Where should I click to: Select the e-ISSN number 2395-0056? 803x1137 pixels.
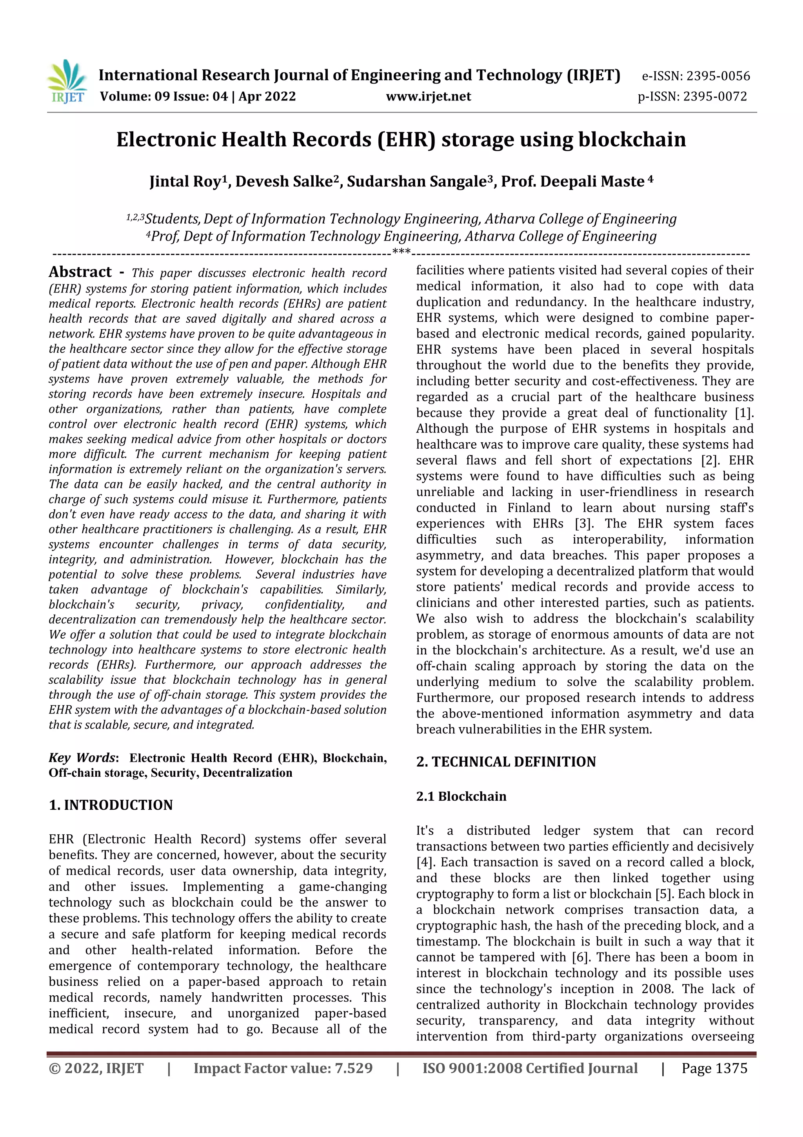point(718,76)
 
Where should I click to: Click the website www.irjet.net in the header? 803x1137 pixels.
point(429,97)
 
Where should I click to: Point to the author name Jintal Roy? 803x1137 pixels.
point(185,182)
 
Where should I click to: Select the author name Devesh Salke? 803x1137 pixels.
point(283,182)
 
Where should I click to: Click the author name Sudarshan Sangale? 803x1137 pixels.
point(416,182)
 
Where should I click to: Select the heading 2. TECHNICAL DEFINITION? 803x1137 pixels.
point(506,762)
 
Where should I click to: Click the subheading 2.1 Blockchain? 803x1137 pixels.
point(461,796)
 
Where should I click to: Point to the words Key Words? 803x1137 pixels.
point(82,757)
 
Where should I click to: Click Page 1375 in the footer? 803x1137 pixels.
point(714,1068)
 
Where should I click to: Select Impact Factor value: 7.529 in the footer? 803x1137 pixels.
point(283,1068)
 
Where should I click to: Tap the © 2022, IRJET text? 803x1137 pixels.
point(96,1068)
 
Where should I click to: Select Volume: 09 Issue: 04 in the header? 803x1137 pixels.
point(164,97)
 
